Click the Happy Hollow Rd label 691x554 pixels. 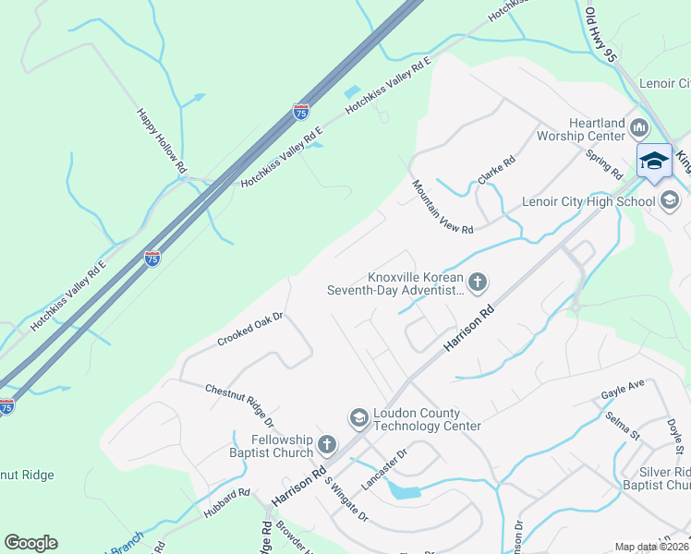pos(162,141)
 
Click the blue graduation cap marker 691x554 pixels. pos(654,161)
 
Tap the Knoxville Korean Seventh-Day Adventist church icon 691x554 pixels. pos(478,283)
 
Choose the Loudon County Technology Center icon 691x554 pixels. pos(358,419)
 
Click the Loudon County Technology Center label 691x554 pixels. pos(427,420)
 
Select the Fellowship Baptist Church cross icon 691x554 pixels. pos(326,446)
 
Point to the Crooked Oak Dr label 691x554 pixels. pos(249,329)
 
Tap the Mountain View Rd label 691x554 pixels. pos(442,207)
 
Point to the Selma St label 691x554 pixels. pos(624,426)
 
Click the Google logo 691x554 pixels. pos(30,543)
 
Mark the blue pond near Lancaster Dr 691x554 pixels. pos(405,490)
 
